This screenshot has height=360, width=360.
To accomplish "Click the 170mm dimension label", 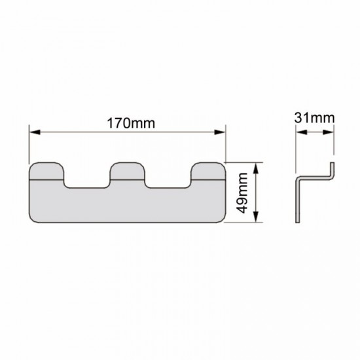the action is pyautogui.click(x=131, y=123).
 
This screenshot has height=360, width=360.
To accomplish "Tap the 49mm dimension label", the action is pyautogui.click(x=242, y=193).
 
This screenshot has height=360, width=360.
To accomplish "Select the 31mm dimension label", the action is pyautogui.click(x=314, y=118).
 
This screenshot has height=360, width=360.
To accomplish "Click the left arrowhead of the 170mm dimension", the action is pyautogui.click(x=35, y=132).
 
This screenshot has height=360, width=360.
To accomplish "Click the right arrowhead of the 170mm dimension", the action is pyautogui.click(x=220, y=132).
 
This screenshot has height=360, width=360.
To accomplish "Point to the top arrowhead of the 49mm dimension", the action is pyautogui.click(x=256, y=168).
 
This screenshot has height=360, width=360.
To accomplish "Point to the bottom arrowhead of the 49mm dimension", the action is pyautogui.click(x=256, y=217).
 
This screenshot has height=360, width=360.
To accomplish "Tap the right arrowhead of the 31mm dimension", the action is pyautogui.click(x=328, y=132).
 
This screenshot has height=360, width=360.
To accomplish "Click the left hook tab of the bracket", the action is pyautogui.click(x=46, y=171).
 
